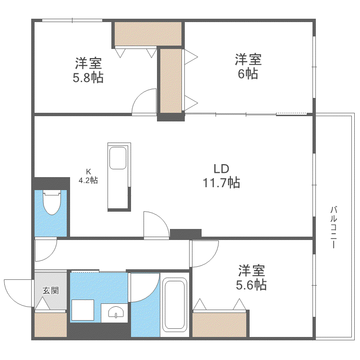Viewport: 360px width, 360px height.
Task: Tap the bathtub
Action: point(175,304)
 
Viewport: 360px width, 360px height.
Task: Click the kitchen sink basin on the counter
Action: point(118,158)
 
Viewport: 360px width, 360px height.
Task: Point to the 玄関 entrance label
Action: point(50,291)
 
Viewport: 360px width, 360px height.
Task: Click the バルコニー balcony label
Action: point(333,228)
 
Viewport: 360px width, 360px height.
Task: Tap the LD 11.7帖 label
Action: point(222,176)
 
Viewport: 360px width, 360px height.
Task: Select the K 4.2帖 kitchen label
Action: point(88,176)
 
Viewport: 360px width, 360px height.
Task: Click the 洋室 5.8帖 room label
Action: point(88,70)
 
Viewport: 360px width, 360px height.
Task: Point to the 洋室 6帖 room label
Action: point(248,66)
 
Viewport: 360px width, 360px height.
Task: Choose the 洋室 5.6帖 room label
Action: point(252,277)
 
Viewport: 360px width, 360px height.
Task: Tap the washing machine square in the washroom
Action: point(83,310)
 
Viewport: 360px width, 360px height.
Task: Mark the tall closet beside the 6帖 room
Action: point(171,81)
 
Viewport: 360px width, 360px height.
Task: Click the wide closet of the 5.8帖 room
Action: point(148,34)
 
